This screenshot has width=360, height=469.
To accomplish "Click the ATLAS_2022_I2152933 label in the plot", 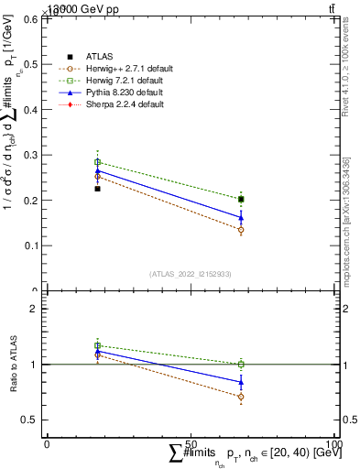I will (191, 275).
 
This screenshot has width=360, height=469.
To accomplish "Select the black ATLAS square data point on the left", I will (97, 189).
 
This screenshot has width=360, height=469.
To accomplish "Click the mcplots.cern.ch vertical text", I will (348, 224).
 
